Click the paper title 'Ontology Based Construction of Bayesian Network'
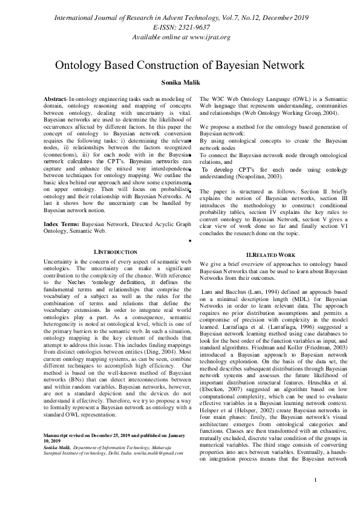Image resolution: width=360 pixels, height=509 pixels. pyautogui.click(x=180, y=65)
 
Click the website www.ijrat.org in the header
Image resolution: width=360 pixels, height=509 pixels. pyautogui.click(x=206, y=37)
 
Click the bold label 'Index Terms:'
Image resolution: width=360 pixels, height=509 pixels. pyautogui.click(x=62, y=224)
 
